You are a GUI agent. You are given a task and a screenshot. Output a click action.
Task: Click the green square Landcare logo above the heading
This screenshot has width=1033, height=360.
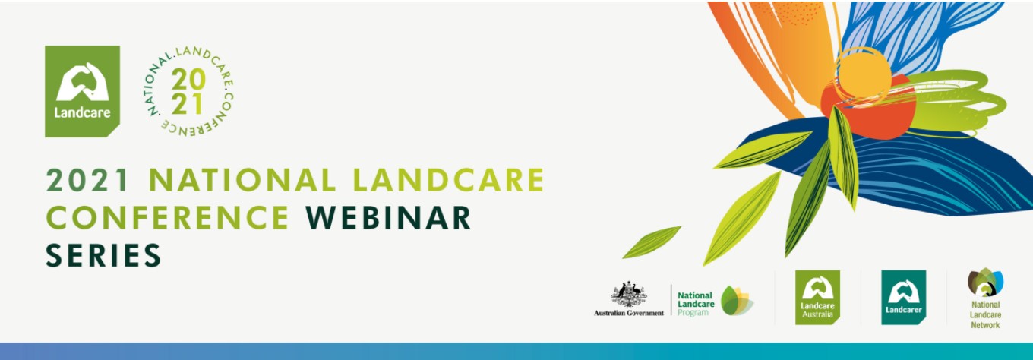pyautogui.click(x=82, y=91)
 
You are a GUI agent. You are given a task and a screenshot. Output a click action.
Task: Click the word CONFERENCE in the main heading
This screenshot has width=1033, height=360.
pyautogui.click(x=167, y=217)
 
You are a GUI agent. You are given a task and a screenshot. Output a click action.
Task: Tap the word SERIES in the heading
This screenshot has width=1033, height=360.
pyautogui.click(x=103, y=255)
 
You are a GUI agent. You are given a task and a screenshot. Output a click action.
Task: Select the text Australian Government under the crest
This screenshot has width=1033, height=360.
pyautogui.click(x=629, y=313)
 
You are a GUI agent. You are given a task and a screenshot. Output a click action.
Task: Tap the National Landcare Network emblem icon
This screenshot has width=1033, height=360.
pyautogui.click(x=985, y=283)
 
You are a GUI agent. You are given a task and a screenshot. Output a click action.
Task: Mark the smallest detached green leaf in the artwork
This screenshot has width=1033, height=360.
pyautogui.click(x=652, y=242)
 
